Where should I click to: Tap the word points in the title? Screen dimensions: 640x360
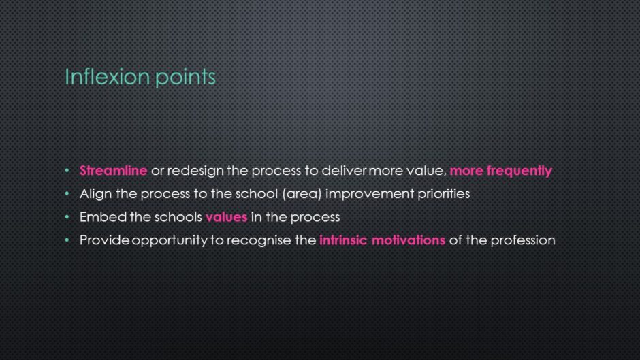pyautogui.click(x=185, y=78)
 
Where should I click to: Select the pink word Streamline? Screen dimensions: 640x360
pyautogui.click(x=114, y=170)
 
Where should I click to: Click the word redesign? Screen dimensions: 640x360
pyautogui.click(x=195, y=171)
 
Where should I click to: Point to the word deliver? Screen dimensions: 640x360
pyautogui.click(x=344, y=170)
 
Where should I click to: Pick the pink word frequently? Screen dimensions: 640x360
pyautogui.click(x=519, y=171)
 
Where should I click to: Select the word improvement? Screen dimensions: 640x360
pyautogui.click(x=370, y=194)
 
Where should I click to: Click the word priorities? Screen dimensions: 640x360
pyautogui.click(x=444, y=194)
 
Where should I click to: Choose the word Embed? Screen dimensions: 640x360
pyautogui.click(x=103, y=216)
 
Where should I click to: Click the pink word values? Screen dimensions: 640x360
pyautogui.click(x=227, y=216)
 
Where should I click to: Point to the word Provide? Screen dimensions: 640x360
pyautogui.click(x=104, y=240)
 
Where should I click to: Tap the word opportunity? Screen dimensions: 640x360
pyautogui.click(x=170, y=240)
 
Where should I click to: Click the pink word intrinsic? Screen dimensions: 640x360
pyautogui.click(x=343, y=240)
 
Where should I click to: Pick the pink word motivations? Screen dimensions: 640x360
pyautogui.click(x=409, y=240)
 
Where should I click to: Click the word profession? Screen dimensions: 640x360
pyautogui.click(x=523, y=240)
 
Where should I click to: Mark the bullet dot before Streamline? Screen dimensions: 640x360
pyautogui.click(x=67, y=171)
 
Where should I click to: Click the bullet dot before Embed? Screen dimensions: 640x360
pyautogui.click(x=67, y=217)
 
